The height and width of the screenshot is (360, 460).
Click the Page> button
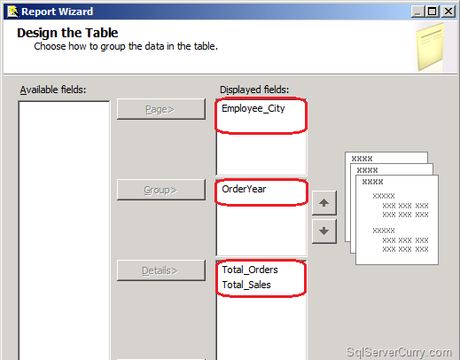click(161, 109)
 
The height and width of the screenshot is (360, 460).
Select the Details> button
click(161, 270)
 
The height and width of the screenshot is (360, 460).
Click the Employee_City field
click(253, 109)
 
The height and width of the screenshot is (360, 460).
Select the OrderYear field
click(244, 189)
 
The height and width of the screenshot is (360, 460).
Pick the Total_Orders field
click(250, 270)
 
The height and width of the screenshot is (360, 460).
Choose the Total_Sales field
click(246, 285)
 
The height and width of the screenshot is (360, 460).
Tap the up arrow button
click(324, 203)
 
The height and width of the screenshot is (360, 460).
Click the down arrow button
click(324, 231)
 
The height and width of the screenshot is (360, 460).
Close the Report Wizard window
click(448, 12)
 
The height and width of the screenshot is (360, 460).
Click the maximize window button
click(433, 12)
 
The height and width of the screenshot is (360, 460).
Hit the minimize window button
click(418, 12)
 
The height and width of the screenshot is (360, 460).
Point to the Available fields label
click(53, 90)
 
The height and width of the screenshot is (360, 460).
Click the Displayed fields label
click(254, 90)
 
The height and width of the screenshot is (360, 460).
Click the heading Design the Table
click(67, 33)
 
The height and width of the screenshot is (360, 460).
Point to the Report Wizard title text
click(58, 12)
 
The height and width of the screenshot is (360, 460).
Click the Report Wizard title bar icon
click(12, 12)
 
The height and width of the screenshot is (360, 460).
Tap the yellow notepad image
click(430, 47)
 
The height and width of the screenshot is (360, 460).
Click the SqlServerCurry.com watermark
click(399, 352)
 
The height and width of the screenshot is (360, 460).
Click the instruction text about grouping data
click(126, 46)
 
